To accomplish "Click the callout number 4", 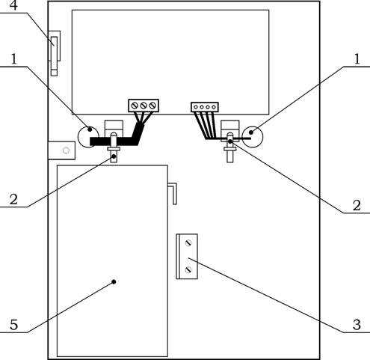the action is click(x=13, y=5).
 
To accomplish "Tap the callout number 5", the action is click(x=13, y=325).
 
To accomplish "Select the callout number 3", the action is click(x=357, y=325).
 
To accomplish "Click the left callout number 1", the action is click(x=13, y=59).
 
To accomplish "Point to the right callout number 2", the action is click(x=357, y=205).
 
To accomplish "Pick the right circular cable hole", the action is click(x=253, y=137).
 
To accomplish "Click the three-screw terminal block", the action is click(x=144, y=106).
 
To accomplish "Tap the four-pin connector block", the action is click(x=205, y=107).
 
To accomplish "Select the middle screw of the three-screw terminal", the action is click(x=144, y=106).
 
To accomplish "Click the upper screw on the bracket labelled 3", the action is click(x=188, y=242).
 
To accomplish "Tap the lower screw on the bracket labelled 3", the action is click(x=188, y=269).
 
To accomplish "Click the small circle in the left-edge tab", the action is click(x=66, y=150).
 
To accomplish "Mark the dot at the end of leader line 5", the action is click(x=114, y=282).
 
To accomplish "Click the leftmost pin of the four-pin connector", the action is click(x=196, y=107).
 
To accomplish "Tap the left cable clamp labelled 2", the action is click(x=114, y=147).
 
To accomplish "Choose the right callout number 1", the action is click(x=357, y=59).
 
